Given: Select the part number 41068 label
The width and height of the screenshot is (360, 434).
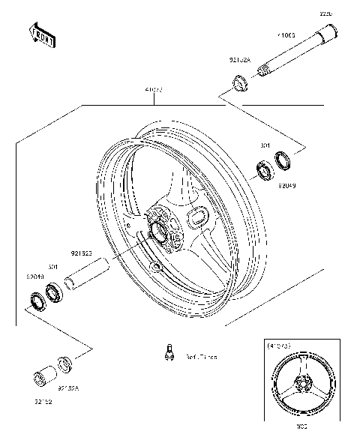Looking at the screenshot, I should [x=286, y=34].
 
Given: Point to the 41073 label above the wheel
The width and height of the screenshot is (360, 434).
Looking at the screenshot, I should [x=154, y=90].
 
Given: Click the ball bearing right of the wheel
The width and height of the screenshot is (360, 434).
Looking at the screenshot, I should [x=265, y=169].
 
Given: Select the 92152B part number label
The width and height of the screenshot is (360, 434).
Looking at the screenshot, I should [x=82, y=254].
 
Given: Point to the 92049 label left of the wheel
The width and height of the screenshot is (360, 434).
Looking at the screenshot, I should [x=35, y=276].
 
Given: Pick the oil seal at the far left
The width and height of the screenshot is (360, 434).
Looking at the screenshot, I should [x=34, y=302].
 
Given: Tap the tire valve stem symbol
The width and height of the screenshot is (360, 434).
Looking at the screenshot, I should [x=169, y=352].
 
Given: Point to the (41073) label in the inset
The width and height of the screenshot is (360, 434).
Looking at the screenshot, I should [x=279, y=346].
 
